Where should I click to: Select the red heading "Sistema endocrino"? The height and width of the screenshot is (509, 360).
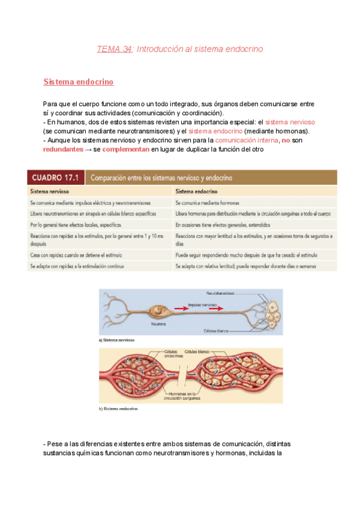tap(79, 81)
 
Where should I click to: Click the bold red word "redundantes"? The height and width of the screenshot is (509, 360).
tap(63, 149)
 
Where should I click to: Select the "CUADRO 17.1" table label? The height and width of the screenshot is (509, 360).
tap(55, 177)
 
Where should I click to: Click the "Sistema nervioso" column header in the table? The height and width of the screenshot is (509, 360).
tap(50, 191)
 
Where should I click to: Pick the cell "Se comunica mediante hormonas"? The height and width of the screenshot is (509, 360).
tap(208, 203)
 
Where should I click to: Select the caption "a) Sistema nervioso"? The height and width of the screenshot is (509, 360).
tap(116, 340)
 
